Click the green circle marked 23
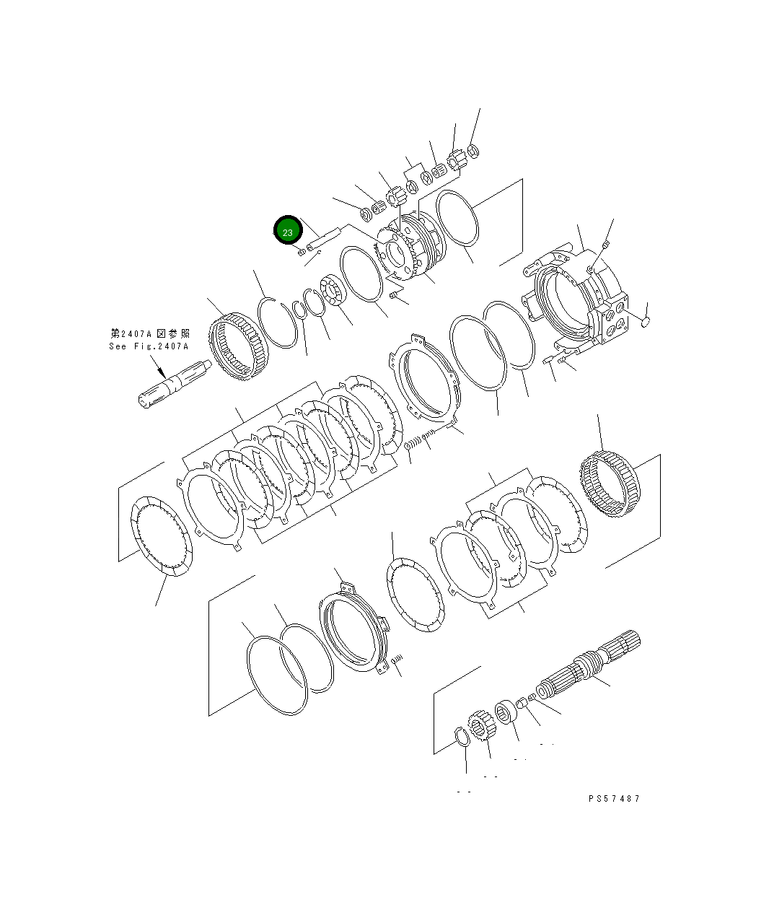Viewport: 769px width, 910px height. [288, 230]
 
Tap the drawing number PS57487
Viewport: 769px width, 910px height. [614, 798]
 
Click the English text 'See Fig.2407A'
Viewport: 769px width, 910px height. [149, 346]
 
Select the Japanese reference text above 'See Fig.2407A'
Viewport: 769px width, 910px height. [149, 333]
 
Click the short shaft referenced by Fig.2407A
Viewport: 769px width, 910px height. [175, 383]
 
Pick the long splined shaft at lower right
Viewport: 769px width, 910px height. [588, 665]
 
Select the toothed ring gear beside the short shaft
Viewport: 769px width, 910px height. [237, 346]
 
